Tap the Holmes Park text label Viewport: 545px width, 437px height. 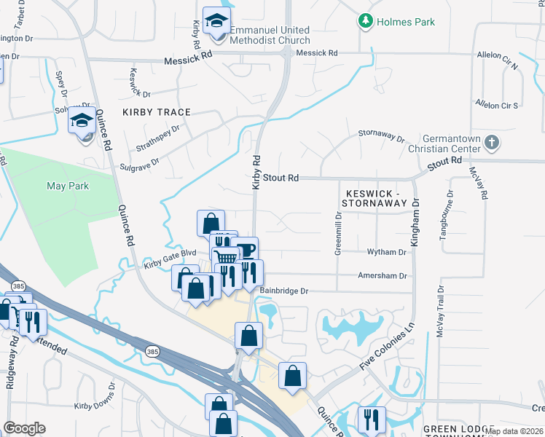[x=406, y=22]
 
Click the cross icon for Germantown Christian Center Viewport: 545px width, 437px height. [x=492, y=142]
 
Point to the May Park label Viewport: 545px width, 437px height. [x=68, y=186]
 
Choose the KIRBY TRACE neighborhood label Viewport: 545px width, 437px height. [x=157, y=112]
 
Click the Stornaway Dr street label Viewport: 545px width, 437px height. [x=381, y=135]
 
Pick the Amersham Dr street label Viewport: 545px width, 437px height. [x=382, y=276]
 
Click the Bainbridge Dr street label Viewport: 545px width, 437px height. [x=284, y=291]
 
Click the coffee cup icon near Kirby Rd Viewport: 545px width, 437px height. [x=246, y=250]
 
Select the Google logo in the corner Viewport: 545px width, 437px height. [x=24, y=428]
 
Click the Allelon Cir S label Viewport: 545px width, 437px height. [x=496, y=105]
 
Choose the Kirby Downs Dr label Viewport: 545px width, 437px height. [x=95, y=397]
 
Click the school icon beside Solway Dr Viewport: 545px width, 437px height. [x=82, y=120]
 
